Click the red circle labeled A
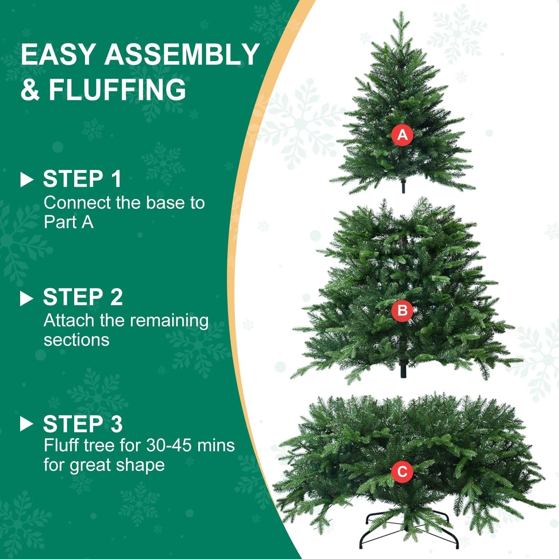coord(402,135)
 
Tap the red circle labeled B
coord(402,310)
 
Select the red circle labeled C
coord(402,471)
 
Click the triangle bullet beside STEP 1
coord(26,180)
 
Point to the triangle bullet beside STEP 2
coord(26,298)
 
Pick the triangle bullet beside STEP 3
coord(26,424)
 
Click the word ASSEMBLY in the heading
coord(181,54)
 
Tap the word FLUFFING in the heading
coord(117,89)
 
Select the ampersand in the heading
coord(30,89)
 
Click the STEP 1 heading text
coord(82,179)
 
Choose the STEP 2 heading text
coord(83,297)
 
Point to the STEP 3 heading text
coord(83,424)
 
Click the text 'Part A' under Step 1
coord(68,222)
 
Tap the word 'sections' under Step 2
coord(76,340)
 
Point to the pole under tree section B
coord(402,371)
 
